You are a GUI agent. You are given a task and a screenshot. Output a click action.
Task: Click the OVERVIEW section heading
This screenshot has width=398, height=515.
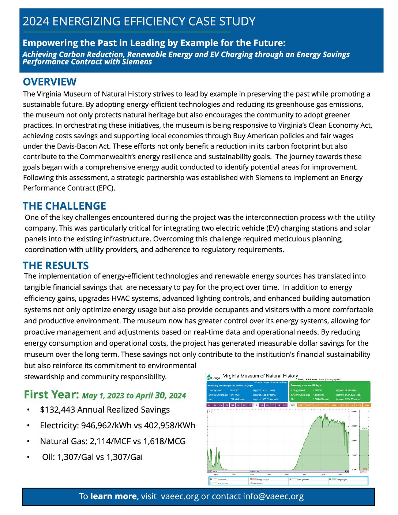click(50, 82)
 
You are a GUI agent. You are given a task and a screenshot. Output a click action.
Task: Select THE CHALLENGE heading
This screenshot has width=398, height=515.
click(64, 206)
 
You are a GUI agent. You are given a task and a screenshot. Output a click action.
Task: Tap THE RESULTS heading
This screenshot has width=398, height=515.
click(56, 266)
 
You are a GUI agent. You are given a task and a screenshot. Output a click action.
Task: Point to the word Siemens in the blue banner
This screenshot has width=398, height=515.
click(136, 62)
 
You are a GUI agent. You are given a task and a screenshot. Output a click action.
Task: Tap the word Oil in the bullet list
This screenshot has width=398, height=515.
click(48, 457)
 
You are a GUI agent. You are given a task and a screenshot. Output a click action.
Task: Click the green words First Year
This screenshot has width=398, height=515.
click(51, 395)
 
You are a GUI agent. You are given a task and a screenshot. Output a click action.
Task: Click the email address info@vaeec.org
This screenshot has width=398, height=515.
click(273, 496)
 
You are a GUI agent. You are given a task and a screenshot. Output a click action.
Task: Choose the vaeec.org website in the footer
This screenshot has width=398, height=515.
click(180, 496)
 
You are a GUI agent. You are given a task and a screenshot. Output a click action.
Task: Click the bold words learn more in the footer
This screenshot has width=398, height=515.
click(113, 496)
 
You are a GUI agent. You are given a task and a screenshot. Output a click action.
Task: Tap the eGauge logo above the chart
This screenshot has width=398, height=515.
click(213, 377)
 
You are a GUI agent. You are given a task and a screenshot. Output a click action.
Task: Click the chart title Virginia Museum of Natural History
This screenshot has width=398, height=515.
click(260, 376)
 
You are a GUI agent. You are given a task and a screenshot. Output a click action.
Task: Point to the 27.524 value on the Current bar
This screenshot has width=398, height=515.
click(364, 428)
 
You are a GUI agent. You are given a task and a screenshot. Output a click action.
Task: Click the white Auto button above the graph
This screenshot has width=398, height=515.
click(293, 405)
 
